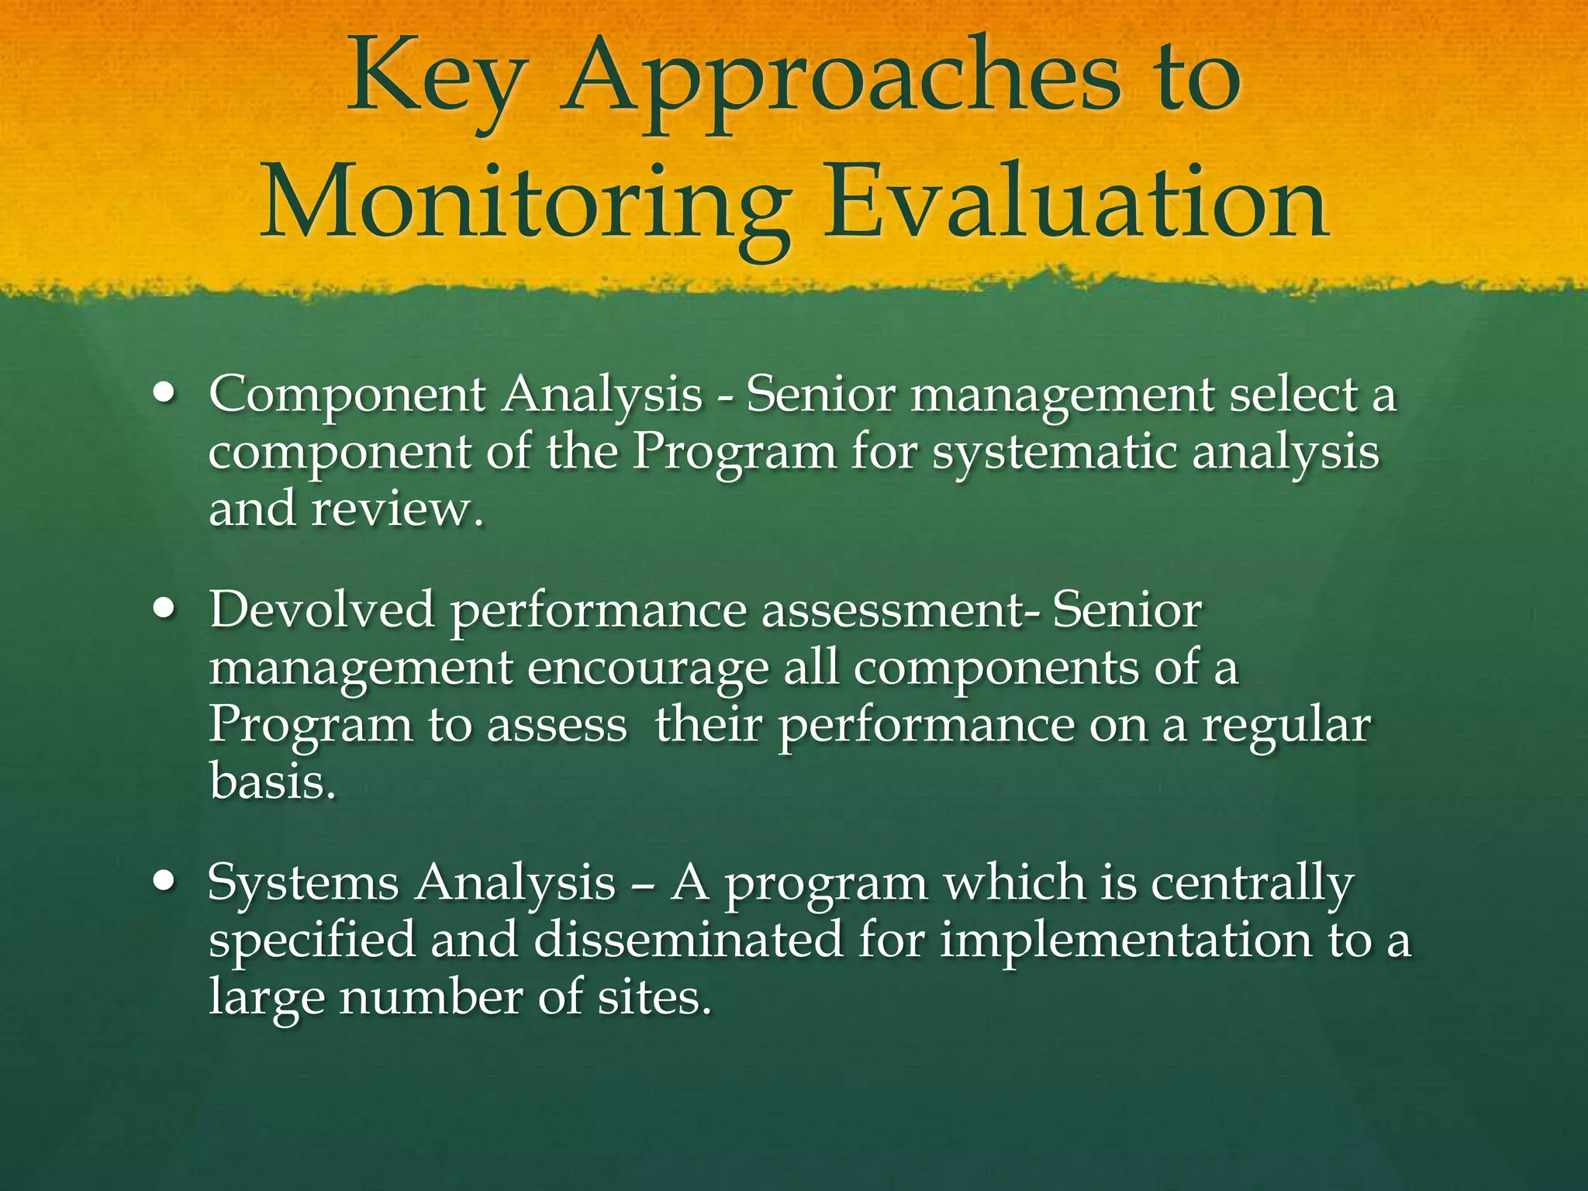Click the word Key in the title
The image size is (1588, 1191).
pyautogui.click(x=433, y=81)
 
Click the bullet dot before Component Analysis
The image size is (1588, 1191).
pyautogui.click(x=164, y=393)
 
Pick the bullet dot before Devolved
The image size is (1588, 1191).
pyautogui.click(x=164, y=609)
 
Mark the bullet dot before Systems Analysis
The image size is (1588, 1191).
pyautogui.click(x=164, y=882)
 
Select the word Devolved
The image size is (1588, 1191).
pyautogui.click(x=322, y=609)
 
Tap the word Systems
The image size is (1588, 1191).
pyautogui.click(x=303, y=882)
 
